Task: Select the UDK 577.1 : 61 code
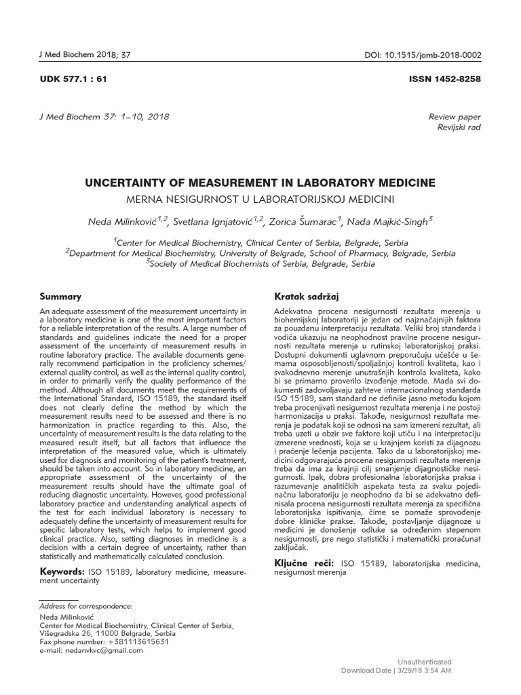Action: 74,79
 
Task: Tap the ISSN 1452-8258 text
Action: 444,79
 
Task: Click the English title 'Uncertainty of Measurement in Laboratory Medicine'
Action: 260,183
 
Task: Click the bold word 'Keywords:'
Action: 62,572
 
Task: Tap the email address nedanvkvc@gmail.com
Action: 107,650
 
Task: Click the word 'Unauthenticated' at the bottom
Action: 423,661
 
